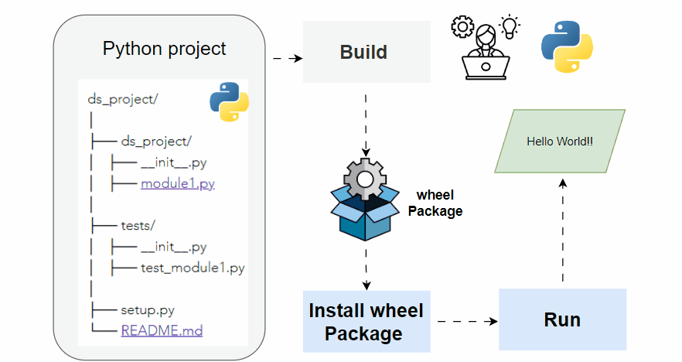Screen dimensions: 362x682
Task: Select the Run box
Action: coord(562,319)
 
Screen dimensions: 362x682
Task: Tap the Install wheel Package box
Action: coord(366,322)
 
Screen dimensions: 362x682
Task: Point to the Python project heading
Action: coord(164,49)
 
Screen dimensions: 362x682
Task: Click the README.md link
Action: coord(162,330)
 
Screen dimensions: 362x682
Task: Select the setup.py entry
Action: coord(147,310)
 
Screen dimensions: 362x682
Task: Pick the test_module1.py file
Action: coord(192,268)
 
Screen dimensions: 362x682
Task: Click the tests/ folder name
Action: coord(138,226)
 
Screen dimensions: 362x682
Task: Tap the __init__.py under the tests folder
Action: coord(173,248)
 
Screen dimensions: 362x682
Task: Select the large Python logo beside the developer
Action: coord(568,48)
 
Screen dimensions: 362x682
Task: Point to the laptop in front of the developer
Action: coord(486,68)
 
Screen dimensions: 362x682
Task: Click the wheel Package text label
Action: coord(438,203)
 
